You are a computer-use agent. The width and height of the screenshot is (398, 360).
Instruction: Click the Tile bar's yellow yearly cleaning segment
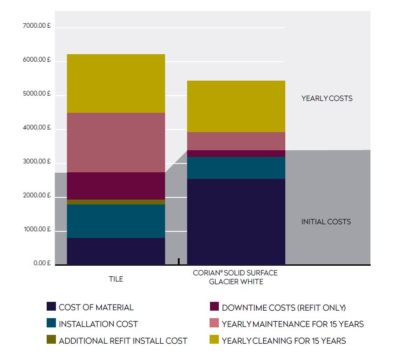(x=116, y=83)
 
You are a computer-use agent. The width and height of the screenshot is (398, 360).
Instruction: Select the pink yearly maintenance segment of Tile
(x=116, y=142)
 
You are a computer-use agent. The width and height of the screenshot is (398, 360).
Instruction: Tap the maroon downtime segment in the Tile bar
(x=116, y=186)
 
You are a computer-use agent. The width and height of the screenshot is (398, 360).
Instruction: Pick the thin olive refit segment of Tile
(x=116, y=202)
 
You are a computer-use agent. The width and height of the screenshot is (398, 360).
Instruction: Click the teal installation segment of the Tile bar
(x=116, y=221)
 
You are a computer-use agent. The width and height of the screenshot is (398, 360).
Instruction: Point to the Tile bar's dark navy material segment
(x=116, y=251)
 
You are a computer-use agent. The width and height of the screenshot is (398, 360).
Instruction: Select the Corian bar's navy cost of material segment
(x=236, y=222)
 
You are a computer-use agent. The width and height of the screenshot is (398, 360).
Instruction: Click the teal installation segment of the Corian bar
(x=236, y=168)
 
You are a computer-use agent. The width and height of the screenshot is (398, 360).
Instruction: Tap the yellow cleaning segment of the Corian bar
(x=236, y=106)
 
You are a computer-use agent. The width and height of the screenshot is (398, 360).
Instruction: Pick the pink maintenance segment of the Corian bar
(x=236, y=141)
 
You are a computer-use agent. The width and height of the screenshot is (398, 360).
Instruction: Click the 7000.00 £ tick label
(x=37, y=26)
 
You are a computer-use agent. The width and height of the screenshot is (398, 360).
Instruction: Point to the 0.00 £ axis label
(x=42, y=264)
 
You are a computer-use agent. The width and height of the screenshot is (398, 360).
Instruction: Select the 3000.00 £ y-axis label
(x=37, y=162)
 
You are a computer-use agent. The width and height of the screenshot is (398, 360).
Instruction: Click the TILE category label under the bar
(x=116, y=279)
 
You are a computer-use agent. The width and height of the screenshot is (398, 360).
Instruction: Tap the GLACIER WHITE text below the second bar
(x=236, y=282)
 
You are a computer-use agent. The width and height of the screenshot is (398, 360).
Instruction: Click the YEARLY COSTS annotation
(x=327, y=98)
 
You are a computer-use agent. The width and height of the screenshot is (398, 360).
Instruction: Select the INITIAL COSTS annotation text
(x=326, y=222)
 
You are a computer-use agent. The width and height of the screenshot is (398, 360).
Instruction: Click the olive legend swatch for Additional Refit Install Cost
(x=51, y=340)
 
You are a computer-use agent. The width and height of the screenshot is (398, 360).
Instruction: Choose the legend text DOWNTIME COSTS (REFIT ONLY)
(x=284, y=308)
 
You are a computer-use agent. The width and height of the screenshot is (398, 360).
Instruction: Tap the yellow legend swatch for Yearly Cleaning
(x=214, y=340)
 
